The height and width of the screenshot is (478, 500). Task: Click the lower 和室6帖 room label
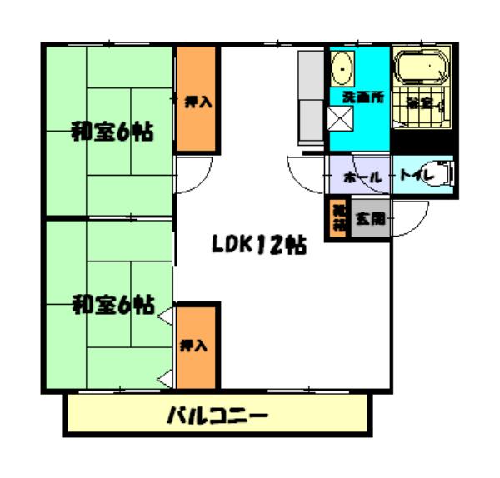[111, 305]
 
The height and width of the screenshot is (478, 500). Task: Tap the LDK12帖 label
[257, 246]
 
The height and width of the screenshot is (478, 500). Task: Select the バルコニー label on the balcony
[217, 414]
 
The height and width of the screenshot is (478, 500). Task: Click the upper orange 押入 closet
[197, 100]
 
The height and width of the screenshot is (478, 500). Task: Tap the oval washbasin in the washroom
[342, 68]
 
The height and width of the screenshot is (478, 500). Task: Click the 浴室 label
[419, 103]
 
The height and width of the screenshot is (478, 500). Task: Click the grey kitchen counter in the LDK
[311, 100]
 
